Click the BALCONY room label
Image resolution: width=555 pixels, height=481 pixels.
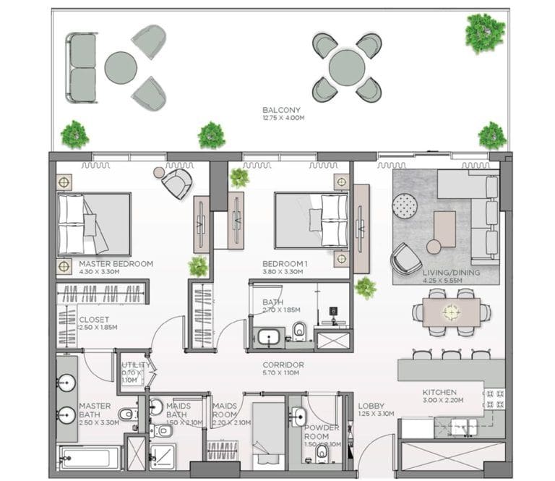[x=280, y=111]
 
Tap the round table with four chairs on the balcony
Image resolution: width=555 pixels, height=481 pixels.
[x=347, y=67]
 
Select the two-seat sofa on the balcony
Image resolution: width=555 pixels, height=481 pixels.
[x=82, y=68]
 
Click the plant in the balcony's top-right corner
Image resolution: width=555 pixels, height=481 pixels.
[x=484, y=33]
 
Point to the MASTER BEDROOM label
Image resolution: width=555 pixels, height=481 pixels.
[x=116, y=264]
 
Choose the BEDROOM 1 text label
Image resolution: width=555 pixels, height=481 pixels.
[x=285, y=264]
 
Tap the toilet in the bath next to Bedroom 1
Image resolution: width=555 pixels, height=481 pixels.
[x=299, y=331]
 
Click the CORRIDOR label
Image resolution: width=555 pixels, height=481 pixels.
[x=283, y=365]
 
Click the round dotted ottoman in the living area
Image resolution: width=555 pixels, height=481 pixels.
[x=405, y=206]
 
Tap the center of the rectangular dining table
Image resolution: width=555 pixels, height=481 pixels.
[x=452, y=312]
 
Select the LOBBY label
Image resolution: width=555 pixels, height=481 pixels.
[x=371, y=406]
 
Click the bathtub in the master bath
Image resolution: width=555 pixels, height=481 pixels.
[x=90, y=458]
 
